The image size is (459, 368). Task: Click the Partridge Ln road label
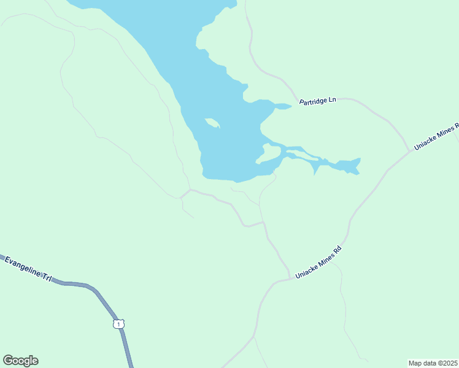pyautogui.click(x=318, y=100)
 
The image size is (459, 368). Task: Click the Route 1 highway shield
pyautogui.click(x=118, y=323)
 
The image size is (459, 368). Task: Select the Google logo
pyautogui.click(x=20, y=361)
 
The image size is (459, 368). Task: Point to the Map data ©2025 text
pyautogui.click(x=433, y=363)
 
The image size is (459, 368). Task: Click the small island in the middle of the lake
pyautogui.click(x=212, y=123)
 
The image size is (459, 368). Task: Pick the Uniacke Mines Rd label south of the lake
pyautogui.click(x=318, y=263)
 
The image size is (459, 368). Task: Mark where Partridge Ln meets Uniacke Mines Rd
pyautogui.click(x=409, y=150)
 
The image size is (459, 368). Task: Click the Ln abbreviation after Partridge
pyautogui.click(x=333, y=99)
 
